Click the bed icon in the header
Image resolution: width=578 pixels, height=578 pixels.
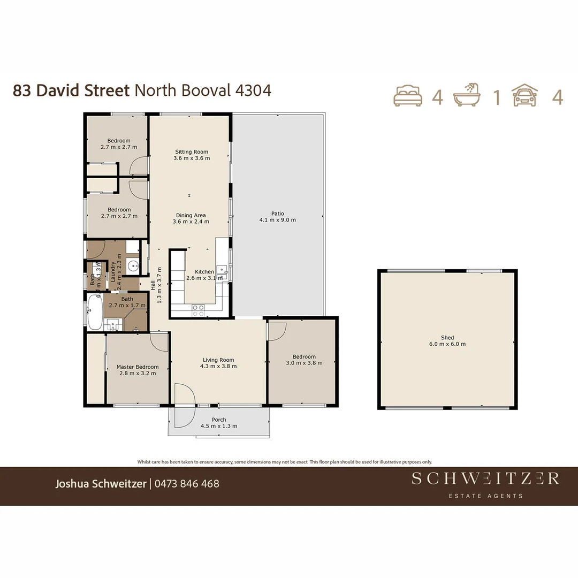408,96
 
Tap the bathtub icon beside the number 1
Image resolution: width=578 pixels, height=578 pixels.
467,96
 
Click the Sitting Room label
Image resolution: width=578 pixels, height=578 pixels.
192,152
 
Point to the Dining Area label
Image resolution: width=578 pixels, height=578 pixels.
191,216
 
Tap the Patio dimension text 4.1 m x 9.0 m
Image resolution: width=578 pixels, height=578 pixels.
277,220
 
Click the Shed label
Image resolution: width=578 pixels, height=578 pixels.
447,338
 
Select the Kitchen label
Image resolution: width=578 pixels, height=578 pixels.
204,272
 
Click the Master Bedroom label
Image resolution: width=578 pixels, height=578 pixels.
138,367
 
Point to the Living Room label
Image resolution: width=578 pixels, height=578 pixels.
218,360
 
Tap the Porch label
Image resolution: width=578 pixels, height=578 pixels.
219,420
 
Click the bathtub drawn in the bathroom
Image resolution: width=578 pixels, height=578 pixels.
95,312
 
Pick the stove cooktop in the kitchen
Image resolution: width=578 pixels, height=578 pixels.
198,308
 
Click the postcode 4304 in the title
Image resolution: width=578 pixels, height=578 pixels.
253,90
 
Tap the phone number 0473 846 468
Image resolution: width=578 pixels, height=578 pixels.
187,484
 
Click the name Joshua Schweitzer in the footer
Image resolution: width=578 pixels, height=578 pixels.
101,484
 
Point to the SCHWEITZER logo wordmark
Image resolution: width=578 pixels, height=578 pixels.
485,478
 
